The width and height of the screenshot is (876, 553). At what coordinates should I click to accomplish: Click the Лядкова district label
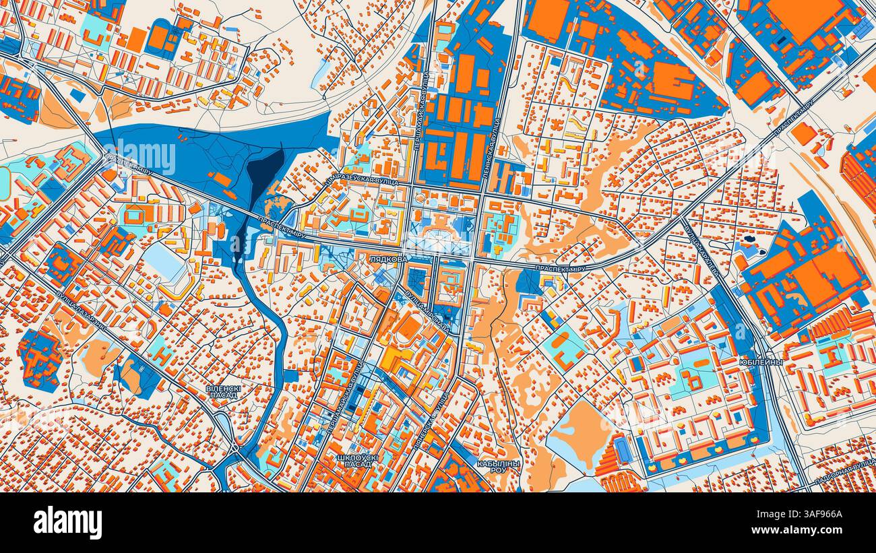387,258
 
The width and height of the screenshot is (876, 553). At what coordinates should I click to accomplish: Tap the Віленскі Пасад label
223,392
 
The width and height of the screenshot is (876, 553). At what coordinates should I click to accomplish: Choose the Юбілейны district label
760,362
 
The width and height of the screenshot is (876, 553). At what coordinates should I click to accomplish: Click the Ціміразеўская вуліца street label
361,178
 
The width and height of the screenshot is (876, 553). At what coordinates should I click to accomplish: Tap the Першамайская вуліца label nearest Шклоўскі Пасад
344,397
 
